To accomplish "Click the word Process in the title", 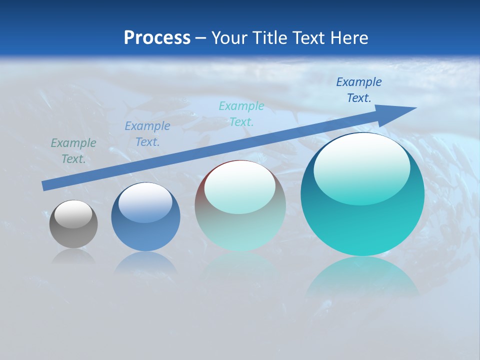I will (157, 38).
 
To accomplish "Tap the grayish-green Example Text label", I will (73, 151).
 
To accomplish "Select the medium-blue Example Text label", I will (147, 134).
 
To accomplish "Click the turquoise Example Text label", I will (241, 113).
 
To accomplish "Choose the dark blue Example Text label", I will (359, 90).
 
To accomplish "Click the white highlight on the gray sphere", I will (73, 214).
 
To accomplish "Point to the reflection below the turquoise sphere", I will (362, 277).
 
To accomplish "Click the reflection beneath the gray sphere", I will (73, 257).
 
